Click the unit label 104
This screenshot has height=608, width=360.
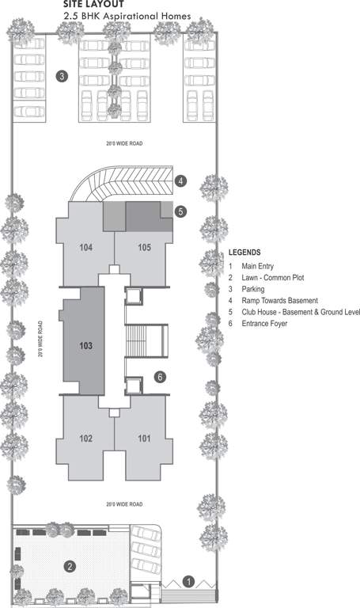86,248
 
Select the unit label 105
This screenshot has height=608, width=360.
144,248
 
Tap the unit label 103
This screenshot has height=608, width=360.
86,346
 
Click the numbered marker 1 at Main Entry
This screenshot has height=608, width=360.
188,580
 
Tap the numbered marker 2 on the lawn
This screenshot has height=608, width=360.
70,565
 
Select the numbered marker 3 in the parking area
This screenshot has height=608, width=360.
62,77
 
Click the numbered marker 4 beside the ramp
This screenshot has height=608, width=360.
181,180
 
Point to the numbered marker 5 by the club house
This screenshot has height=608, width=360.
181,211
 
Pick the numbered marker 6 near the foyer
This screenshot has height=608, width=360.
160,377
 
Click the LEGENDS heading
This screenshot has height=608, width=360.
244,253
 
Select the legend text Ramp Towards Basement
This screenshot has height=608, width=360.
279,301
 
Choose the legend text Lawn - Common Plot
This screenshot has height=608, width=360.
273,278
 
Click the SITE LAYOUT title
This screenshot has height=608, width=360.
93,4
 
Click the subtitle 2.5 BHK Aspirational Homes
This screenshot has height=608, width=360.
127,16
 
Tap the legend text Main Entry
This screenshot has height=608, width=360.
260,267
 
